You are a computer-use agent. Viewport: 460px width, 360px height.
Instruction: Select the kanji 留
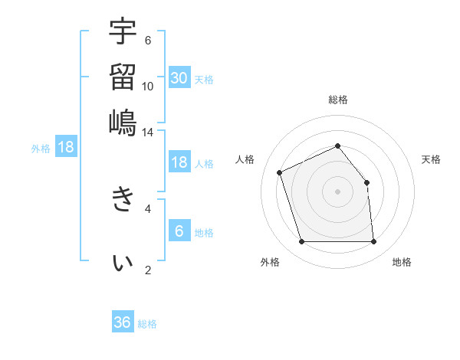[123, 77]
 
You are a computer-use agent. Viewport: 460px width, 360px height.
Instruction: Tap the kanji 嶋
[123, 122]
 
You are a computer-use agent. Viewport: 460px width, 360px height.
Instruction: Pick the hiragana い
[123, 263]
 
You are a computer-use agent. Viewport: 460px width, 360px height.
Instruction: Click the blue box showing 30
[179, 77]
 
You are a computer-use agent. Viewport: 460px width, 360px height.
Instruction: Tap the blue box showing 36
[123, 322]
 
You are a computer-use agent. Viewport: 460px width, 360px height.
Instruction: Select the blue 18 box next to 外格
[66, 147]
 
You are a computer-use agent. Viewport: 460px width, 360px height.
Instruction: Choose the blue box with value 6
[179, 230]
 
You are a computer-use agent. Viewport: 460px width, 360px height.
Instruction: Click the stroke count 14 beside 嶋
[148, 132]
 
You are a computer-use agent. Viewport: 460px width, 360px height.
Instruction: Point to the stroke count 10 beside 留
[148, 86]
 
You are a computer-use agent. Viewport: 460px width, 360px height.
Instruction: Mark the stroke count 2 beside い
[148, 270]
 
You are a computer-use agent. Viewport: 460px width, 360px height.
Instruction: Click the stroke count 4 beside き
[148, 208]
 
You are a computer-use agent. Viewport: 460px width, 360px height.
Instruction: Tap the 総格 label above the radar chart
[337, 100]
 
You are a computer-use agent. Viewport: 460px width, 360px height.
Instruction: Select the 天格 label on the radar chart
[431, 159]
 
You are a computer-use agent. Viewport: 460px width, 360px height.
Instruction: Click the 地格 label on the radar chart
[402, 262]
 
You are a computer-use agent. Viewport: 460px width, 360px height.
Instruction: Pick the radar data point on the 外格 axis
[301, 242]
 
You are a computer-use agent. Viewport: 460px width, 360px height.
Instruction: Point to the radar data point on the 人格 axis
[281, 172]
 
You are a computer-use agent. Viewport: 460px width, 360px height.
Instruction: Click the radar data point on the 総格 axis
[337, 146]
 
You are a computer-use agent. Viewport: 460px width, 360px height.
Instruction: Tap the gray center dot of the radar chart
[337, 191]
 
